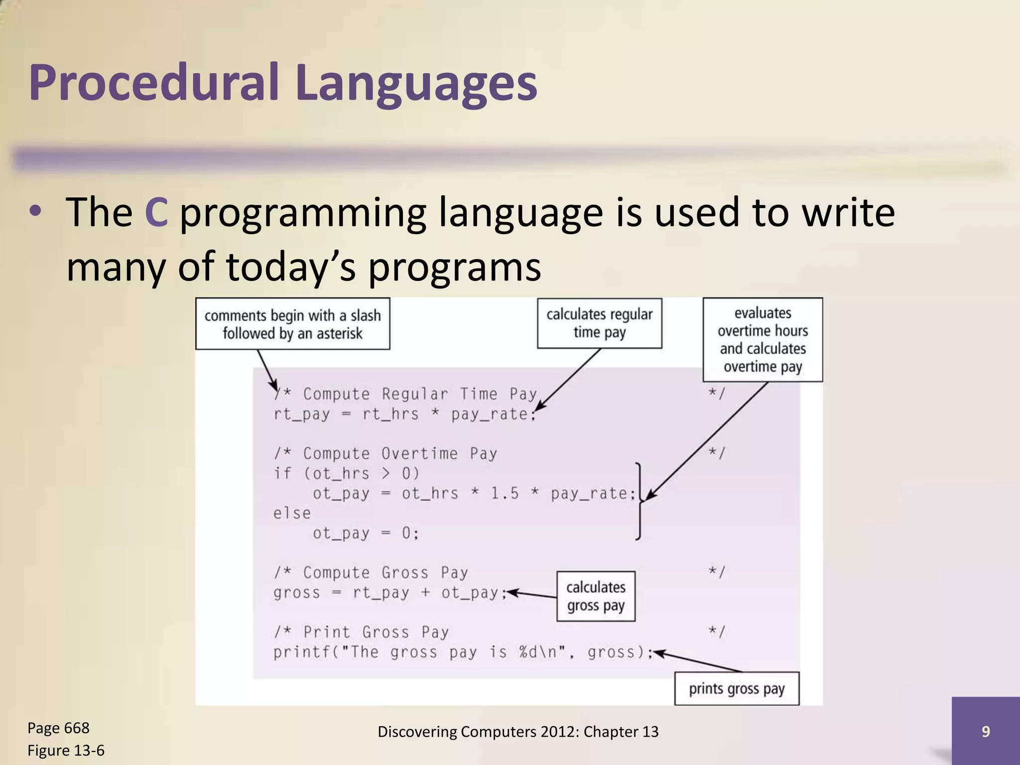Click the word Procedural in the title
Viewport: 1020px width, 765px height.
[x=154, y=82]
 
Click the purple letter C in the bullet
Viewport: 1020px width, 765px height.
[x=156, y=213]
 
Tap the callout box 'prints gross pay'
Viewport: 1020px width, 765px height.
[x=736, y=689]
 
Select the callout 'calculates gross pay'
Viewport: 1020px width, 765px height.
[x=596, y=596]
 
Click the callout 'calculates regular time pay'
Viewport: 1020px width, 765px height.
[x=599, y=323]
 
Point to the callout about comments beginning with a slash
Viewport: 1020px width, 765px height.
[x=292, y=324]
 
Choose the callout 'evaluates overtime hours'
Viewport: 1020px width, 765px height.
[x=762, y=340]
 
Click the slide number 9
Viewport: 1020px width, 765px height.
[x=985, y=731]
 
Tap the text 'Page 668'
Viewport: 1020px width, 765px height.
[x=58, y=728]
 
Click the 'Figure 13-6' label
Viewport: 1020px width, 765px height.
[x=66, y=751]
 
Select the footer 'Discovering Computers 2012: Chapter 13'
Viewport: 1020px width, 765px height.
[x=518, y=732]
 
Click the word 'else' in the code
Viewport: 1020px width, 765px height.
[x=292, y=513]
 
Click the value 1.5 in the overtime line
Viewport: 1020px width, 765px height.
[x=504, y=494]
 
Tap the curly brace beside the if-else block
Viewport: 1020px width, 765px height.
[x=638, y=501]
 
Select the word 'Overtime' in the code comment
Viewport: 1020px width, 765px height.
[x=419, y=454]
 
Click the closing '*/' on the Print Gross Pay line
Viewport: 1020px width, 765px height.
[x=717, y=632]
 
